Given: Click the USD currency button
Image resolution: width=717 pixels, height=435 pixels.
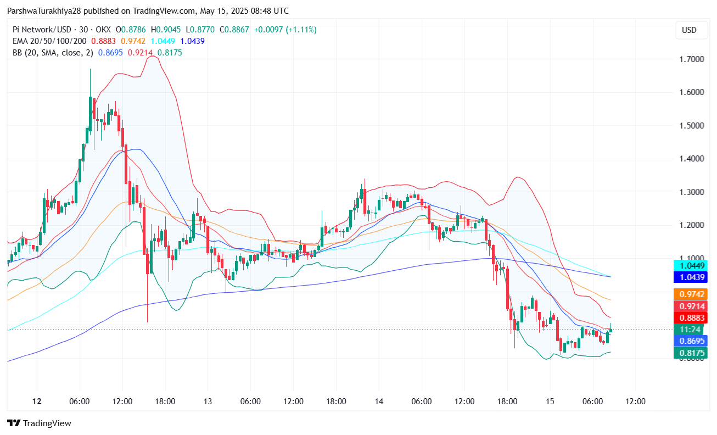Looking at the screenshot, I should tap(688, 30).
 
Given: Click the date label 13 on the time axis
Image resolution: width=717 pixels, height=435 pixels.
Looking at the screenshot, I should tap(208, 401).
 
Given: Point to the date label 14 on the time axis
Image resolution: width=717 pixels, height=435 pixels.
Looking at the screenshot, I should tap(379, 401).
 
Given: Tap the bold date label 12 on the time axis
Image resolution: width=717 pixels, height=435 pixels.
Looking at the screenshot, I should tap(37, 401).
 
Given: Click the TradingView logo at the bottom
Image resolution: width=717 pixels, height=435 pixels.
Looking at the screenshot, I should tap(39, 423).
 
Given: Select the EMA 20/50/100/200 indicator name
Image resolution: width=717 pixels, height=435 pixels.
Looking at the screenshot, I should tap(50, 41).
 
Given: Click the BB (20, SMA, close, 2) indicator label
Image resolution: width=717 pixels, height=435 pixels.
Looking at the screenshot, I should tap(53, 53).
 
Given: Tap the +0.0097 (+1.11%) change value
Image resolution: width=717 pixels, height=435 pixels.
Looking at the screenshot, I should tap(285, 30).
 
